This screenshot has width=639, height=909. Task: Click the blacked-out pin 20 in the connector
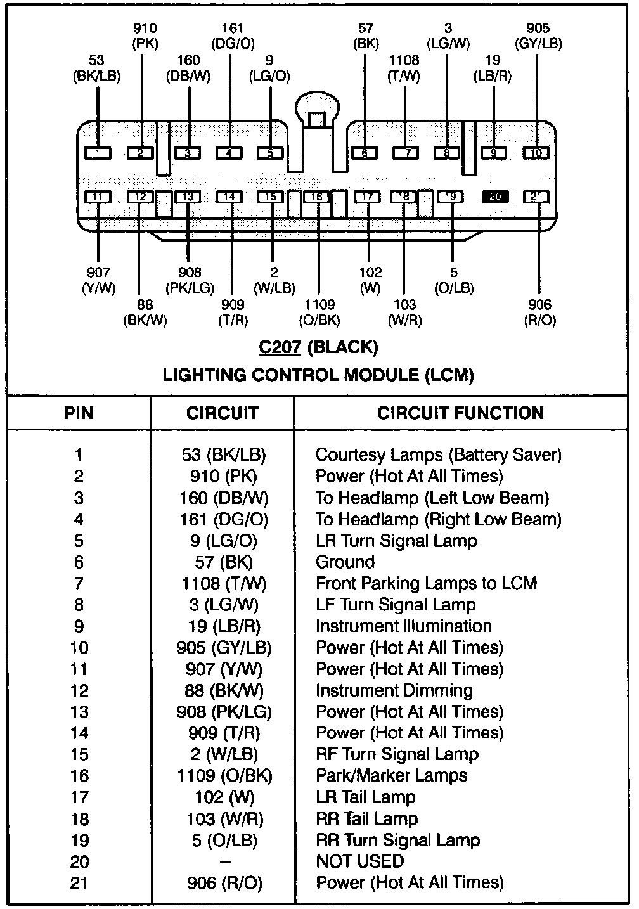tap(496, 197)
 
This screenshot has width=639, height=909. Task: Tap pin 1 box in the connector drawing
tap(97, 153)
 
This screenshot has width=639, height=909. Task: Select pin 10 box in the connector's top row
tap(536, 153)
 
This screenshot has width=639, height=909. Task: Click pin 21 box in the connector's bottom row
tap(536, 197)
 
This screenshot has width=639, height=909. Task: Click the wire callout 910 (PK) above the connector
tap(145, 36)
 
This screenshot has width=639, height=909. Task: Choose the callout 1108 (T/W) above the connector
tap(404, 68)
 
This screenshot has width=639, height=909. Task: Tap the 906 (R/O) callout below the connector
tap(539, 313)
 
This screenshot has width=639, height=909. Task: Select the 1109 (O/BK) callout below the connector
tap(319, 313)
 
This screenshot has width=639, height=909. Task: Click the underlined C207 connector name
tap(280, 347)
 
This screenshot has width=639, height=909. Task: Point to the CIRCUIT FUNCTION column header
tap(461, 413)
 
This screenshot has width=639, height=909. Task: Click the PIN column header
tap(79, 413)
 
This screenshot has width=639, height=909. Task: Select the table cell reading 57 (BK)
tap(223, 562)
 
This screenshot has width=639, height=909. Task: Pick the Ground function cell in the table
tap(345, 562)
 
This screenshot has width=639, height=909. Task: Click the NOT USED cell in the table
tap(359, 861)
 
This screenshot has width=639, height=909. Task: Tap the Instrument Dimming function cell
tap(394, 690)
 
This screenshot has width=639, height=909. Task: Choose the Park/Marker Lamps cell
tap(391, 776)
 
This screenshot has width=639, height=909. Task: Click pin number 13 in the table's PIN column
tap(79, 712)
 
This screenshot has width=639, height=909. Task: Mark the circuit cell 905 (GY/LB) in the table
tap(223, 648)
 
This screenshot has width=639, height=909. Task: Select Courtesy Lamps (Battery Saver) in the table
tap(438, 455)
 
